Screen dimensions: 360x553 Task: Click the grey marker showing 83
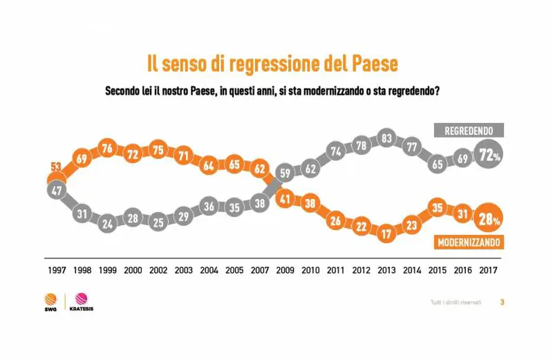tap(386, 139)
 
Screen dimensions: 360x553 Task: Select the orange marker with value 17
tap(386, 234)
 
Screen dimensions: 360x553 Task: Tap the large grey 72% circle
tap(489, 155)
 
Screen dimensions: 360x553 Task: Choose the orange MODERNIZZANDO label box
tap(468, 243)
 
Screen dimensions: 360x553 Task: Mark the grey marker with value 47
tap(56, 191)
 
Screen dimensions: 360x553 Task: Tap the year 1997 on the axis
tap(56, 271)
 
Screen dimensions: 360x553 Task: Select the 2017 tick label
tap(489, 271)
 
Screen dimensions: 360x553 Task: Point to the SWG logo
tap(50, 301)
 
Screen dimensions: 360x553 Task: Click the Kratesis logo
tap(82, 301)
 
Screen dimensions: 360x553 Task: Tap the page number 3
tap(503, 302)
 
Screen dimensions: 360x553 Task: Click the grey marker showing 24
tap(108, 224)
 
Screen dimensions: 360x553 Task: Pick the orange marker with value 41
tap(283, 200)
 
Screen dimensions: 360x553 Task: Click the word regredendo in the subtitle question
tap(411, 91)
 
